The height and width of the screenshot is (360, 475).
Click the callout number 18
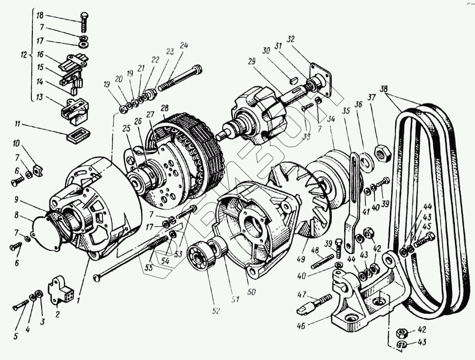tap(40, 16)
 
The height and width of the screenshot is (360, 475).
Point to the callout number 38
tap(384, 89)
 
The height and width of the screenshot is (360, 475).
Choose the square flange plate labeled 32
tap(320, 78)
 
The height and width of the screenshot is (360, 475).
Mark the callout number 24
tap(184, 46)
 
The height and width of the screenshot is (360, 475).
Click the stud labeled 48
tap(322, 261)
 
